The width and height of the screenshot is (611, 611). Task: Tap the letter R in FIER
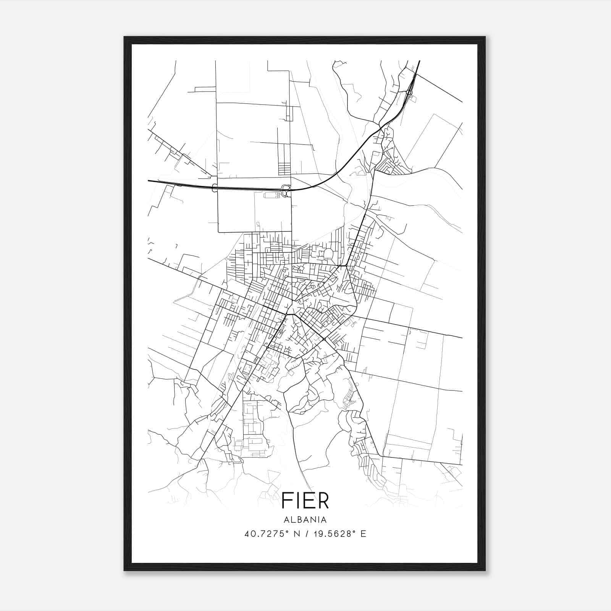pyautogui.click(x=323, y=501)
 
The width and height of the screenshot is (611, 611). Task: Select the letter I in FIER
pyautogui.click(x=297, y=501)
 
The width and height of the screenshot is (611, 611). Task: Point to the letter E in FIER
pyautogui.click(x=307, y=501)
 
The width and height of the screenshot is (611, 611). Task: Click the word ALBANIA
pyautogui.click(x=305, y=520)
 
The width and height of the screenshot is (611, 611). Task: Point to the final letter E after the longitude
pyautogui.click(x=363, y=534)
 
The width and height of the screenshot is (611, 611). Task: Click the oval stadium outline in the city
pyautogui.click(x=329, y=254)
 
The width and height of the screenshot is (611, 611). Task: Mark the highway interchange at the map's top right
pyautogui.click(x=409, y=92)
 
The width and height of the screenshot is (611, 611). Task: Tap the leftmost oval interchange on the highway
pyautogui.click(x=214, y=188)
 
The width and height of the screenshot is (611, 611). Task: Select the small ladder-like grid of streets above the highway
pyautogui.click(x=284, y=169)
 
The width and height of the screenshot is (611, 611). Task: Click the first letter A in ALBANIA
pyautogui.click(x=286, y=520)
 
